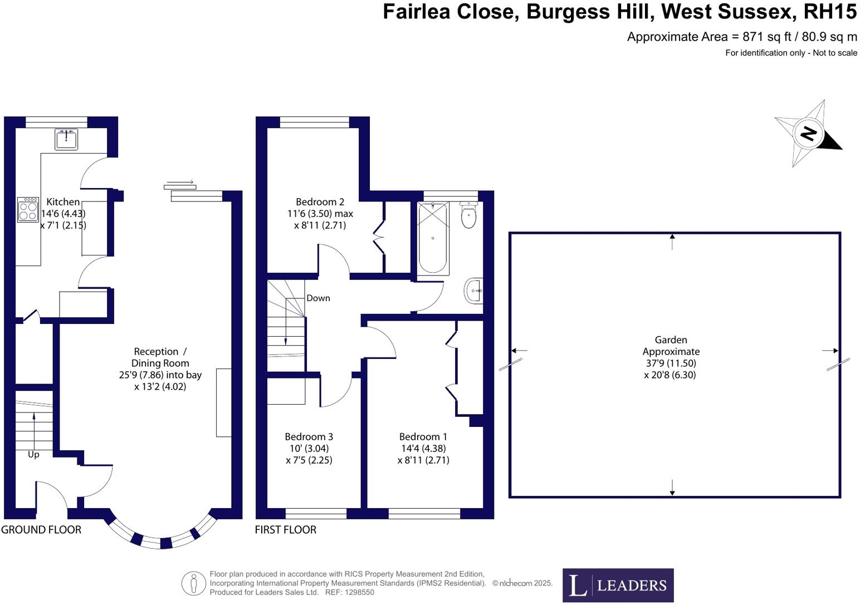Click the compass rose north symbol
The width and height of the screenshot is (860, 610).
pyautogui.click(x=808, y=134)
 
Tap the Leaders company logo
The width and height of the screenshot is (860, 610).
pyautogui.click(x=618, y=585)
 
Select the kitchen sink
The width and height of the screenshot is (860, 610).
pyautogui.click(x=66, y=139)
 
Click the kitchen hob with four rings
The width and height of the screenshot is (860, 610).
pyautogui.click(x=28, y=210)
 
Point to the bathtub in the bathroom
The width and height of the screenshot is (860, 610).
pyautogui.click(x=433, y=238)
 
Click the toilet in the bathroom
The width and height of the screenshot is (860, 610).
pyautogui.click(x=469, y=215)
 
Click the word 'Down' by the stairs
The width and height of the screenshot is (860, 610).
pyautogui.click(x=318, y=298)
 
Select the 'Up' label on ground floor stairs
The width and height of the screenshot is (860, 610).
pyautogui.click(x=33, y=455)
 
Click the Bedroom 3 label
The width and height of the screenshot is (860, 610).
pyautogui.click(x=309, y=437)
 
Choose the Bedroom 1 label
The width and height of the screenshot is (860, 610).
pyautogui.click(x=423, y=437)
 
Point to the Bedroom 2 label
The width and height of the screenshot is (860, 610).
pyautogui.click(x=320, y=202)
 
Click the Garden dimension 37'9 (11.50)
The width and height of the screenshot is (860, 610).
pyautogui.click(x=671, y=363)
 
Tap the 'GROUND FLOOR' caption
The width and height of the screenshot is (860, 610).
pyautogui.click(x=41, y=530)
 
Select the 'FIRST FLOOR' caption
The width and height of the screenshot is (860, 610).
pyautogui.click(x=286, y=530)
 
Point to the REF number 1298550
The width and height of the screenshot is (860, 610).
pyautogui.click(x=359, y=593)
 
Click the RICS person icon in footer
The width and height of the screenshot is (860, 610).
pyautogui.click(x=193, y=583)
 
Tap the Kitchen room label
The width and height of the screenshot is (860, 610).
pyautogui.click(x=63, y=202)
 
